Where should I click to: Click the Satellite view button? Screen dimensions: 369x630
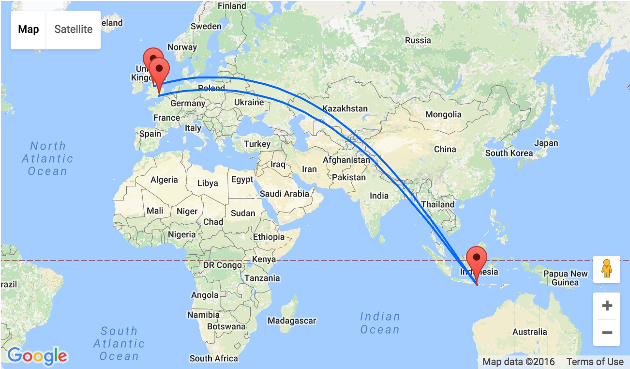pos(74,30)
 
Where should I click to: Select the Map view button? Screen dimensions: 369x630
pos(29,30)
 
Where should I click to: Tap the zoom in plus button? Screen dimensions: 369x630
pos(607,306)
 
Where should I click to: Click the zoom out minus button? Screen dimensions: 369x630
pos(607,333)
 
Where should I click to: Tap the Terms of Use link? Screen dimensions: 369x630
pos(595,362)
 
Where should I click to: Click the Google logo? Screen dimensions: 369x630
pos(37,356)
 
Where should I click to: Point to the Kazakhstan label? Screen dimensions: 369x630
pos(345,108)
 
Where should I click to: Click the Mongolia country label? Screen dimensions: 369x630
pos(443,115)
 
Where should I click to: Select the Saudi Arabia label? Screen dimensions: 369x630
pos(285,194)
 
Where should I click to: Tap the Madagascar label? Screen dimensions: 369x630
pos(291,321)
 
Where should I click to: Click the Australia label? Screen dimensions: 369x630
pos(530,332)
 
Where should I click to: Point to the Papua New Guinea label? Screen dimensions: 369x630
pos(565,278)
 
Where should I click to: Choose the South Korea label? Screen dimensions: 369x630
pos(509,153)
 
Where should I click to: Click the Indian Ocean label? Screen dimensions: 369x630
pos(380,323)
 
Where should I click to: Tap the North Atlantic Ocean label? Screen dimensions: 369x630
pos(47,158)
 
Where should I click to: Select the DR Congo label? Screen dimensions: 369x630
pos(222,265)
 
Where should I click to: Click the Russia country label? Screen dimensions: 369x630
pos(418,40)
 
